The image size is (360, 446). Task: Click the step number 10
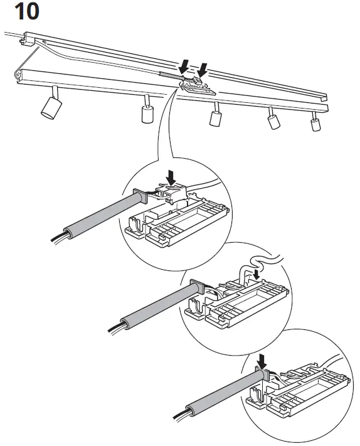[23, 13]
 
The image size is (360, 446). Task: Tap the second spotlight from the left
[147, 114]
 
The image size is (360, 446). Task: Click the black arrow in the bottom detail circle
[262, 361]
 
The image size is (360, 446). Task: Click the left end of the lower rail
[19, 76]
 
